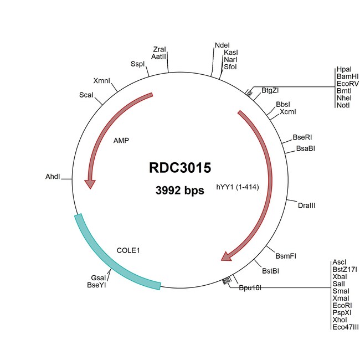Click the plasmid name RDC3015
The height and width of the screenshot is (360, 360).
point(180,168)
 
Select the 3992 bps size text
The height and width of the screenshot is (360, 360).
point(180,191)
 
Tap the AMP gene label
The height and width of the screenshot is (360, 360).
point(121,140)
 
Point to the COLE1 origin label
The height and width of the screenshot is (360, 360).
point(128,250)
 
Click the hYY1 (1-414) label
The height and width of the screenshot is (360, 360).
point(238,187)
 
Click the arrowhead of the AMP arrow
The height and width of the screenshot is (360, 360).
point(90,184)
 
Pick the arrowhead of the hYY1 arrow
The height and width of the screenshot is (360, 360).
point(227,256)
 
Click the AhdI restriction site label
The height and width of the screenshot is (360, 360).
point(53,177)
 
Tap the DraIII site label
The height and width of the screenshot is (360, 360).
point(306,205)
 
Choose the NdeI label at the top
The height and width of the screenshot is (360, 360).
point(222,45)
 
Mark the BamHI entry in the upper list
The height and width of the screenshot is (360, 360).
point(347,76)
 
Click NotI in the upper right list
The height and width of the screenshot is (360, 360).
point(343,105)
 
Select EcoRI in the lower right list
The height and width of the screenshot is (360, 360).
point(342,306)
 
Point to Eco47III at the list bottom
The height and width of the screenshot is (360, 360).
point(346,327)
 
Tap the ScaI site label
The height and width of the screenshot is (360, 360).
point(86,95)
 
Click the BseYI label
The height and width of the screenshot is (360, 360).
point(96,285)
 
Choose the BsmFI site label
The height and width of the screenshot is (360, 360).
point(286,256)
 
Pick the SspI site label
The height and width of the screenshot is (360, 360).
point(137,64)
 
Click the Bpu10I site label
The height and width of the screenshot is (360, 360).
point(250,287)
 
